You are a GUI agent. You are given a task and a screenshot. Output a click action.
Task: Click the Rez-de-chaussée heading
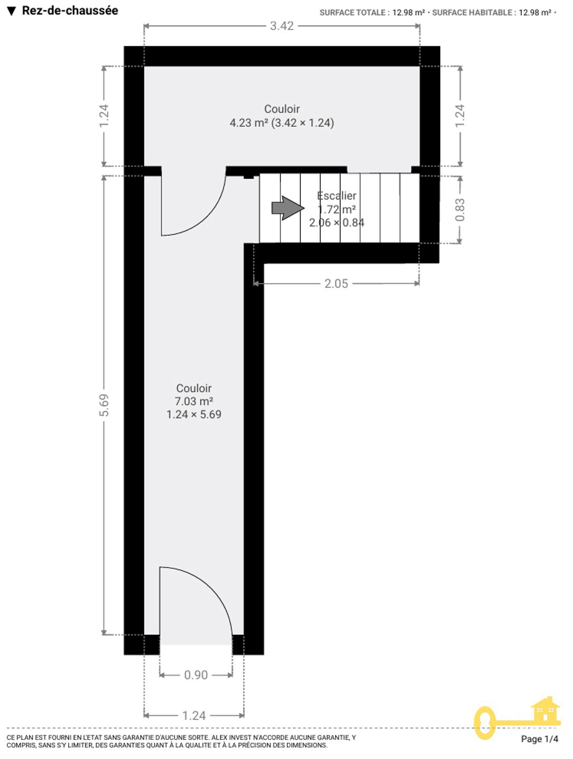[70, 11]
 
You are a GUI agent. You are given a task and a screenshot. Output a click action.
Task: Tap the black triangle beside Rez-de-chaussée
[12, 12]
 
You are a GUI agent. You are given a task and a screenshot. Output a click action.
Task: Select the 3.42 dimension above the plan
[281, 26]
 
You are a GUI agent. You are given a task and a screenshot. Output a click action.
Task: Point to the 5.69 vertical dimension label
[104, 405]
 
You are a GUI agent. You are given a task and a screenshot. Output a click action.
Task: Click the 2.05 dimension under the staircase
[336, 284]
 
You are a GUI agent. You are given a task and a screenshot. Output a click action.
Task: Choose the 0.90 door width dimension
[196, 675]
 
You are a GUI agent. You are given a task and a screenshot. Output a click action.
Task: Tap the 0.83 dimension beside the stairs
[460, 210]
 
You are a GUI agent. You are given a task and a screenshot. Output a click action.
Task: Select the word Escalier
[336, 196]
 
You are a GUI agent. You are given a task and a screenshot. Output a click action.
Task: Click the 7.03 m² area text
[193, 401]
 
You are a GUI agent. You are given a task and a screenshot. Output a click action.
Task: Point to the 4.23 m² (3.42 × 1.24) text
[282, 123]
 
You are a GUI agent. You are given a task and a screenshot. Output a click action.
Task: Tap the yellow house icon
[545, 710]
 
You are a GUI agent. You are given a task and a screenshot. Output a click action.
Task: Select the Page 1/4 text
[539, 739]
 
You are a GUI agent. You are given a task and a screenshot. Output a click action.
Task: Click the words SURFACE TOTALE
[352, 13]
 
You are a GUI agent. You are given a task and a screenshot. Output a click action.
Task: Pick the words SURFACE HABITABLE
[472, 13]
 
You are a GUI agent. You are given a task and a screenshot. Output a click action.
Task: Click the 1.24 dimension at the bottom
[193, 715]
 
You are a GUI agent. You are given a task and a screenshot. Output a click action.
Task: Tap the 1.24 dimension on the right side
[460, 116]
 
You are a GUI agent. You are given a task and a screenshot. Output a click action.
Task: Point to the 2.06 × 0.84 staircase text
[336, 222]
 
